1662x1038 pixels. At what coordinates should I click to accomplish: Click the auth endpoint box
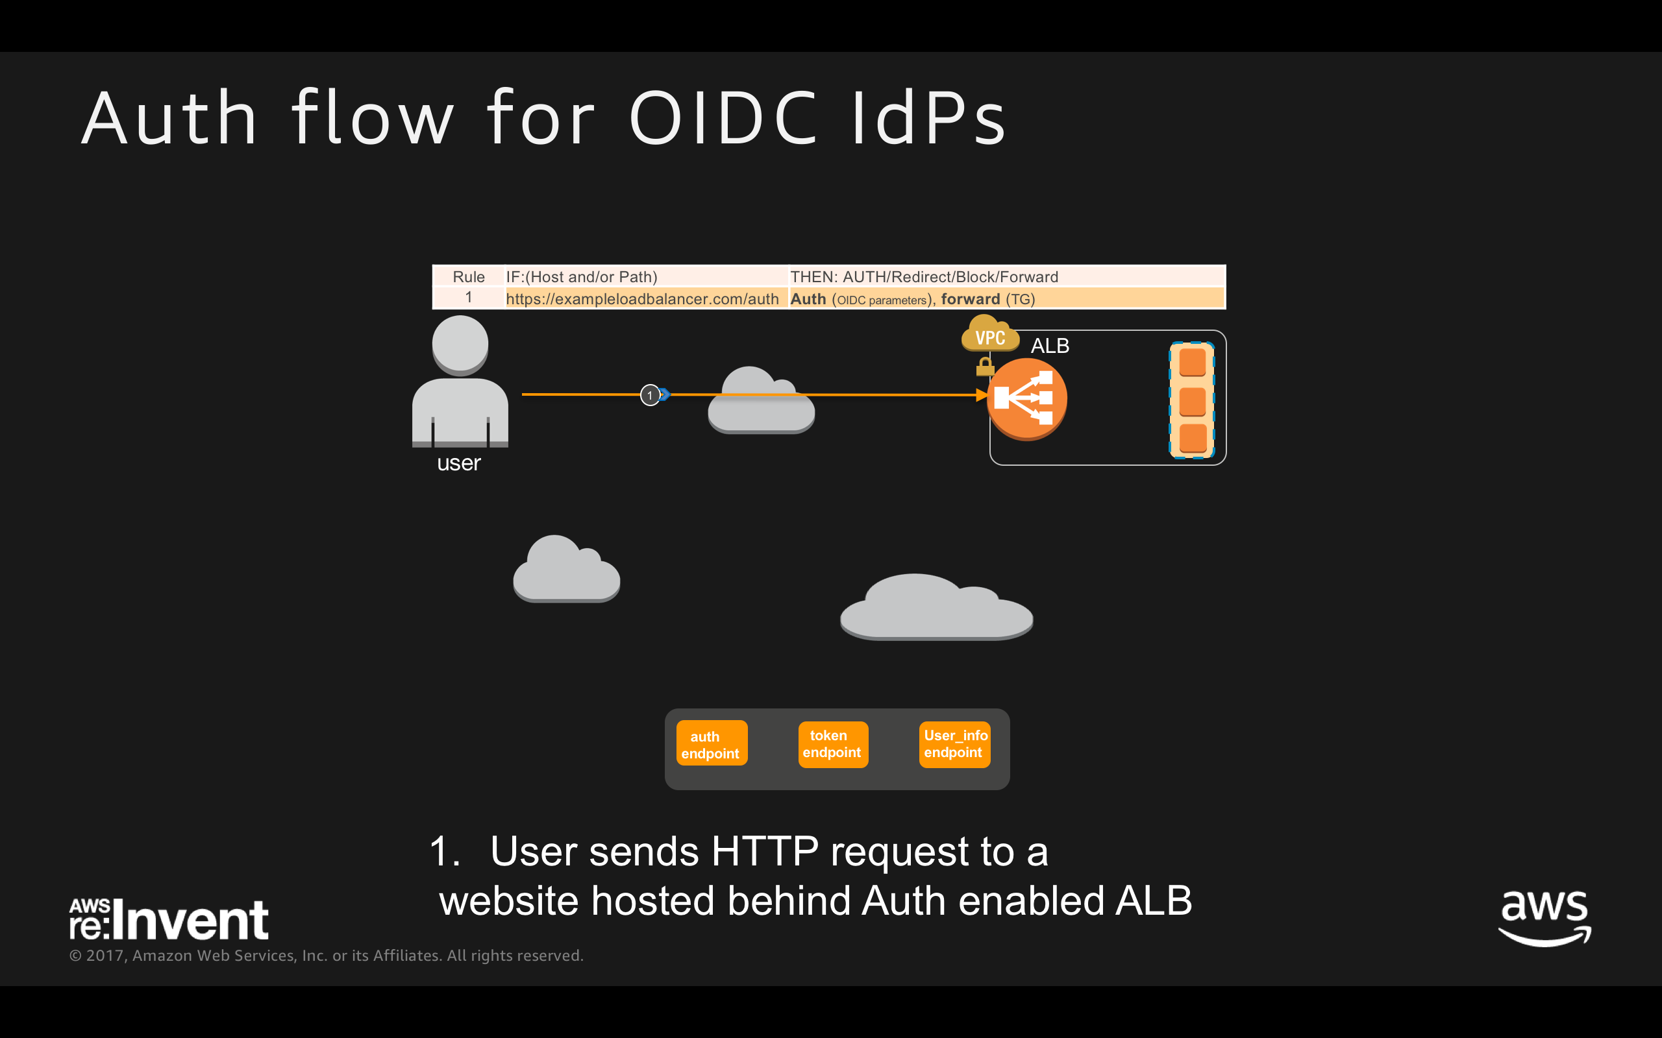pyautogui.click(x=712, y=743)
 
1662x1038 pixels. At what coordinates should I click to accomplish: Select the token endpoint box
pyautogui.click(x=832, y=744)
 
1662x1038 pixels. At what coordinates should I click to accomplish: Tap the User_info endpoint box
pyautogui.click(x=954, y=744)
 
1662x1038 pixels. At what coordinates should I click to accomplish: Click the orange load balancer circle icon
pyautogui.click(x=1026, y=398)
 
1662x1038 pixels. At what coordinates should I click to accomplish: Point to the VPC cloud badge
pyautogui.click(x=989, y=335)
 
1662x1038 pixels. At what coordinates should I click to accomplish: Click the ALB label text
pyautogui.click(x=1049, y=345)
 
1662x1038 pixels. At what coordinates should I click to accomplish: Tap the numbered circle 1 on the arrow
pyautogui.click(x=650, y=396)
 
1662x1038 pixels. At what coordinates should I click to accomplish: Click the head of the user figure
pyautogui.click(x=460, y=344)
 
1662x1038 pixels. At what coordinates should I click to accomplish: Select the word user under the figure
pyautogui.click(x=459, y=463)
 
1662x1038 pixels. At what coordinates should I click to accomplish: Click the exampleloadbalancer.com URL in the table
pyautogui.click(x=642, y=299)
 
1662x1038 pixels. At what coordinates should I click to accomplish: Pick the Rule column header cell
pyautogui.click(x=468, y=276)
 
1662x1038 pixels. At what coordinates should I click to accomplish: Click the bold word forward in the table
pyautogui.click(x=970, y=299)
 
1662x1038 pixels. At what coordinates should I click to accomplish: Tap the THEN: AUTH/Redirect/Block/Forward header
pyautogui.click(x=924, y=276)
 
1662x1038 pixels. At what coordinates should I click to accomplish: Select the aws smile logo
pyautogui.click(x=1544, y=917)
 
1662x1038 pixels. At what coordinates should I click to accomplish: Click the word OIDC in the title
pyautogui.click(x=724, y=118)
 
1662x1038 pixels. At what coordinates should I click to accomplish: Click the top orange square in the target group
pyautogui.click(x=1192, y=362)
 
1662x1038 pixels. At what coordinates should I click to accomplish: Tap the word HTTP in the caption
pyautogui.click(x=764, y=852)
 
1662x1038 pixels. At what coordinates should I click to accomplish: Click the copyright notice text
pyautogui.click(x=326, y=956)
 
